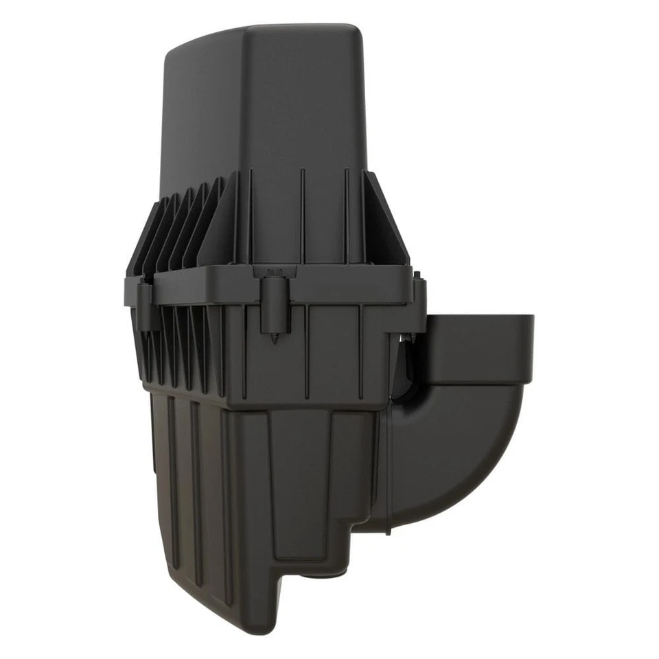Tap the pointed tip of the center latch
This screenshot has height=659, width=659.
[275, 340]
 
